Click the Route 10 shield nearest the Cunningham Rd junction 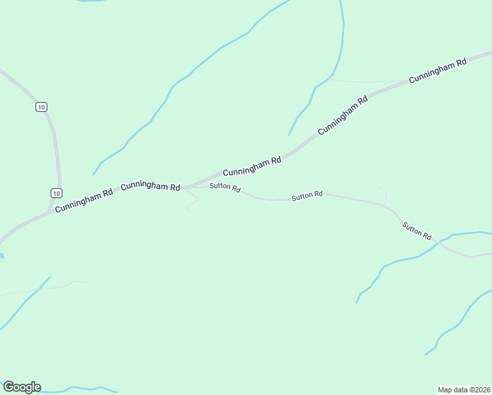(57, 193)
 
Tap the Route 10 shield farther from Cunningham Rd (41, 107)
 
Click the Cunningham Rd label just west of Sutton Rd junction (151, 186)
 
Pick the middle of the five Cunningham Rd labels (252, 166)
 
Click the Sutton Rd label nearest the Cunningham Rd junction (225, 188)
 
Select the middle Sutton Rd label (307, 195)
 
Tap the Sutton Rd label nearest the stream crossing (417, 231)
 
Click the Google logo (22, 386)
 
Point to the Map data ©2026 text (464, 389)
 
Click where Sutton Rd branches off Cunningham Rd (187, 188)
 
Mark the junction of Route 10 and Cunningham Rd (51, 212)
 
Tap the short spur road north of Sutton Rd (383, 194)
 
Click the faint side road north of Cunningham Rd (368, 82)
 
